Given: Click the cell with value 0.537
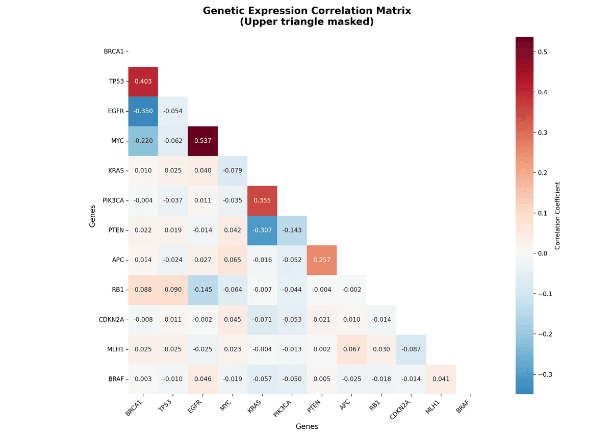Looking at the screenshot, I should (x=202, y=141).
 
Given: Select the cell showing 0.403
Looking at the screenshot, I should (x=143, y=82).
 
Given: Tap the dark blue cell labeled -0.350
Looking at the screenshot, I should (x=143, y=111).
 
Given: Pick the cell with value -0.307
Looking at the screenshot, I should (x=262, y=230).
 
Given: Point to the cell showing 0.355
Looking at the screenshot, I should (x=262, y=200).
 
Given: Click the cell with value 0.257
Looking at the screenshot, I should (x=322, y=260).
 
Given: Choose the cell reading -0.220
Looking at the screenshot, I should (x=143, y=141).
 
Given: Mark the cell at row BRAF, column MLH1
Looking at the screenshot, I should (x=441, y=379).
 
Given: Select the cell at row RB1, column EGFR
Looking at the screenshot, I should (x=202, y=290).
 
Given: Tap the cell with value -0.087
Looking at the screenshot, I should (x=411, y=349).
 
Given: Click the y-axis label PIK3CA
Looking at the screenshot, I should (x=112, y=200).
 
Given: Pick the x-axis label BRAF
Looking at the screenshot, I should (x=464, y=405).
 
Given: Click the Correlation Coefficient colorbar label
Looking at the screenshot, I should (x=557, y=216).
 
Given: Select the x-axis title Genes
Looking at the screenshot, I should (x=307, y=426).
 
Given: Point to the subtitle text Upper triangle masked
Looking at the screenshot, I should (x=307, y=22).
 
